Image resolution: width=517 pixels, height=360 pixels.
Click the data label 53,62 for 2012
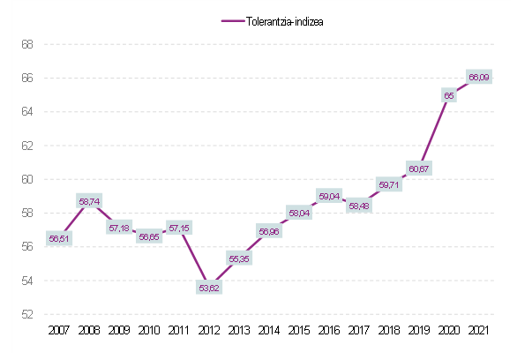[208, 288]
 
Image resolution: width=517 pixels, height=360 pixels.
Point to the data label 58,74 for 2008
[89, 201]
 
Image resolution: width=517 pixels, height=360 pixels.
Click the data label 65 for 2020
[449, 95]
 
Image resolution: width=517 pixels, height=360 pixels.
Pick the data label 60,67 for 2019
[418, 169]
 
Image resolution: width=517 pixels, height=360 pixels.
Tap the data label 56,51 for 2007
[59, 238]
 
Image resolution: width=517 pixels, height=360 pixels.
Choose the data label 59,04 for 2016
[328, 196]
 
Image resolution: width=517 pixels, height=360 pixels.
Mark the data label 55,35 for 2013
[239, 259]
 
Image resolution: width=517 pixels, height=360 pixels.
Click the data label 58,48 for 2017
[359, 206]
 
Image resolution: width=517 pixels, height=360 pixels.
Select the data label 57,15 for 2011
[178, 228]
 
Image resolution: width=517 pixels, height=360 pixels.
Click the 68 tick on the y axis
[27, 44]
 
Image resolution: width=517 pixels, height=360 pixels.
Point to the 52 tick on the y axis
[27, 314]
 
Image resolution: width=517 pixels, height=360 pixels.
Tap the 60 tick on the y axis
[27, 179]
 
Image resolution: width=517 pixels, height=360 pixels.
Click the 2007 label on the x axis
[58, 330]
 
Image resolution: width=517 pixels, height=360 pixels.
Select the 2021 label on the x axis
[479, 330]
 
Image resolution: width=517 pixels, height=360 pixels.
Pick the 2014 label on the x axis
[269, 330]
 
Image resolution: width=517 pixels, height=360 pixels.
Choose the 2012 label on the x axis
[208, 330]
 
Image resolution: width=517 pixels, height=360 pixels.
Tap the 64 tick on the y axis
[27, 112]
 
